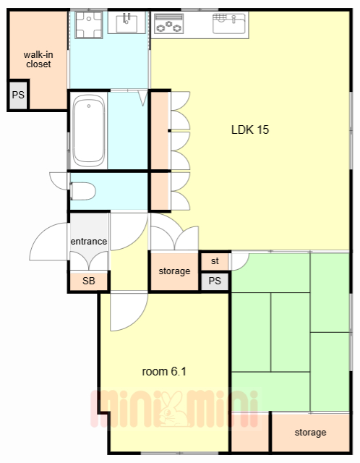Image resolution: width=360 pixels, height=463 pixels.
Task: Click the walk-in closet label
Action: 38,59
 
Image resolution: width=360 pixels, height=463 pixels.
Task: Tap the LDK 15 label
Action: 250,129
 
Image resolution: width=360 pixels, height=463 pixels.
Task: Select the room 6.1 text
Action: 164,371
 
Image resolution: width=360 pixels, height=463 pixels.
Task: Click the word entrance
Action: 88,241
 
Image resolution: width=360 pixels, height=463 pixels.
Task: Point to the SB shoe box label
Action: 88,281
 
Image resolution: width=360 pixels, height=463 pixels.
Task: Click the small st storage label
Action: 215,261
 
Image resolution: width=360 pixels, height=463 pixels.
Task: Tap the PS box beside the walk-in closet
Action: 18,95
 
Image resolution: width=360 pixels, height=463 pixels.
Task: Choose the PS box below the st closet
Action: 215,281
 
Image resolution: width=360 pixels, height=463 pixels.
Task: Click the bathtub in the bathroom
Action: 88,131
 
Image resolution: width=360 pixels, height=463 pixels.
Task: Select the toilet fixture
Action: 82,191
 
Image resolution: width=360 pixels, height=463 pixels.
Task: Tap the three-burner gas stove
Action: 168,23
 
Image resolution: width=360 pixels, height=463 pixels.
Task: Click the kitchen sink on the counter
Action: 229,23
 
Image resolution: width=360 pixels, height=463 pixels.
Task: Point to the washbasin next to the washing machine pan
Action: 127,22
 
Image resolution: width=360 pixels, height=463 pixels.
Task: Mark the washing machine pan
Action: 88,25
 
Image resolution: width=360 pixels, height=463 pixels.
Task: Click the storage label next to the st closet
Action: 174,271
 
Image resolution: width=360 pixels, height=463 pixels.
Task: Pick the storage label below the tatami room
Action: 310,433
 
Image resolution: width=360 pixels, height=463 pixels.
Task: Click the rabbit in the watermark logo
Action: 171,409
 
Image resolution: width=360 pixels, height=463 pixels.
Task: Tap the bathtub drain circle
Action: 88,106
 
